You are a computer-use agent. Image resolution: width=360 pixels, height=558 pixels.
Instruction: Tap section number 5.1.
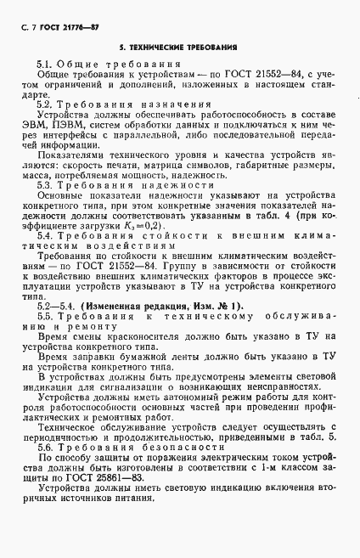tap(46, 65)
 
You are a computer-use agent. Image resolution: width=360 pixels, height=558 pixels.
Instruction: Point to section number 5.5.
tap(46, 315)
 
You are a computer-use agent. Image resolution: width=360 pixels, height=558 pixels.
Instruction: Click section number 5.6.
tap(46, 445)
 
